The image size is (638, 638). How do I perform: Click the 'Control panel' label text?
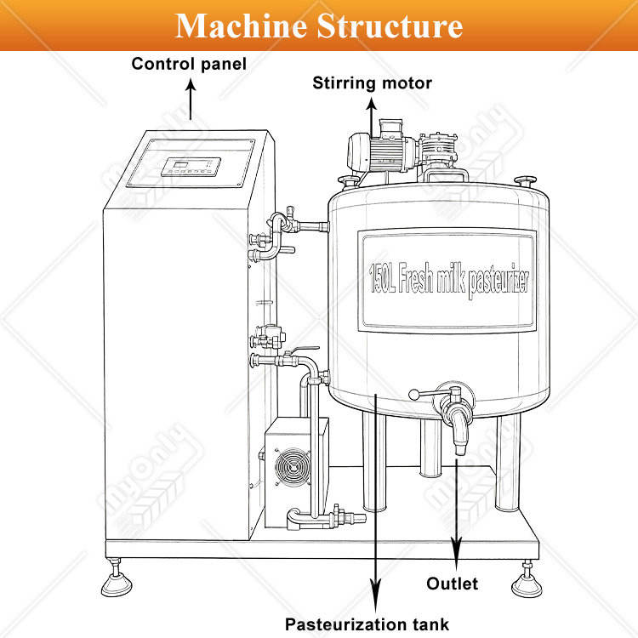point(189,64)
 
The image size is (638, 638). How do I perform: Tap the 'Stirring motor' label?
point(372,83)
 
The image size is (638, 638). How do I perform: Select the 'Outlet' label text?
point(452,584)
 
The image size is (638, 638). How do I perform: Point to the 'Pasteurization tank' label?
point(367,624)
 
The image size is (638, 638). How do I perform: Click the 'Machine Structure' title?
point(319,26)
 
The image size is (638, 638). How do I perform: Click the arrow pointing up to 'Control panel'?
point(191,100)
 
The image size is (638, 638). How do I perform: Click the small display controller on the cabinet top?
point(191,167)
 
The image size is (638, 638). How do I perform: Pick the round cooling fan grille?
point(292,466)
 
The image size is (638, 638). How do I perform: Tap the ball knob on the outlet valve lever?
point(413,394)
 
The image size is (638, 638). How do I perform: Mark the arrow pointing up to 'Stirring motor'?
point(371,118)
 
